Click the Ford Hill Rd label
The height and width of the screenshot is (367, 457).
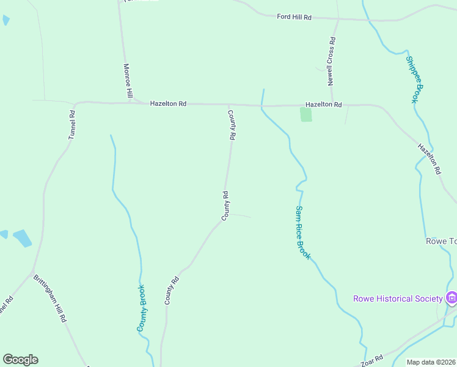(294, 17)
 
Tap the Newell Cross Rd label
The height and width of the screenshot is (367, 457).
(331, 62)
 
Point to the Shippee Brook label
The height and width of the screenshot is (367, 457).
(414, 80)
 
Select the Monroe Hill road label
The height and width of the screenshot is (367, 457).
(128, 81)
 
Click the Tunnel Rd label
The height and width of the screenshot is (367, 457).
(72, 124)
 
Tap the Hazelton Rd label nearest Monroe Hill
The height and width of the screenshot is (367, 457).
(168, 104)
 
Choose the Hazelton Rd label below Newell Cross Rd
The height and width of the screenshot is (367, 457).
(323, 105)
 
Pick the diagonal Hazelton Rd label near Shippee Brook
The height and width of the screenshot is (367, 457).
(429, 159)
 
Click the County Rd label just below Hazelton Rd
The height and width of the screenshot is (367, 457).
(232, 125)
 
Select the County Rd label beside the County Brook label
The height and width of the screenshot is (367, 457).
(171, 291)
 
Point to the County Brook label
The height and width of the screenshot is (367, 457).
(142, 308)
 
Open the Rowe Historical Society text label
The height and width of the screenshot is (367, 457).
(398, 298)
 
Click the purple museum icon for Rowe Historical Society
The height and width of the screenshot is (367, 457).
(452, 298)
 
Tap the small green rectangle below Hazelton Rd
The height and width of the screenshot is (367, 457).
(306, 114)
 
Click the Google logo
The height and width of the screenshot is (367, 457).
(20, 360)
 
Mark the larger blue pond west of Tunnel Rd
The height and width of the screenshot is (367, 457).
(22, 238)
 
